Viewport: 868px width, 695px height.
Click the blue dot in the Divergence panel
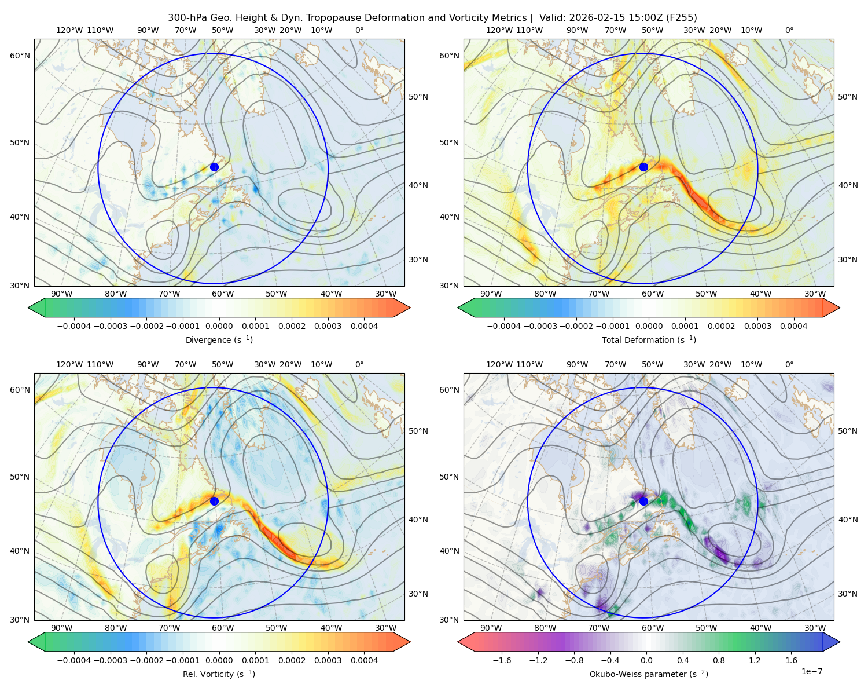214,167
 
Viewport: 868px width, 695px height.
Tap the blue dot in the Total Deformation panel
643,167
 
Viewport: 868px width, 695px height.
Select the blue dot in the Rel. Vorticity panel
214,501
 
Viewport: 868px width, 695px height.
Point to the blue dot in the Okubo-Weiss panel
643,501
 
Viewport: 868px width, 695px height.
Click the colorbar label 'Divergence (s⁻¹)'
219,340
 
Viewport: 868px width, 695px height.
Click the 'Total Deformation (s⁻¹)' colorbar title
649,340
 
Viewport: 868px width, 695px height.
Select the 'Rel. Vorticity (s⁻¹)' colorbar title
219,674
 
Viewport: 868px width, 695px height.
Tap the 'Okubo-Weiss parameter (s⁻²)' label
649,674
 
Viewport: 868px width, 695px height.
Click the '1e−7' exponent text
812,671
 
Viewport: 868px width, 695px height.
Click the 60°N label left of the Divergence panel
20,56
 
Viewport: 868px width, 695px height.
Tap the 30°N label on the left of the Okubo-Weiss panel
450,620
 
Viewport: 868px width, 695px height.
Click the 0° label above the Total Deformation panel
789,30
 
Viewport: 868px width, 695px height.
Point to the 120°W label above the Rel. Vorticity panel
69,364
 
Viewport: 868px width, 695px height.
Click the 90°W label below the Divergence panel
62,294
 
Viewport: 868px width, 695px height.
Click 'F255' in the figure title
683,18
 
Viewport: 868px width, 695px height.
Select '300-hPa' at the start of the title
184,18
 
